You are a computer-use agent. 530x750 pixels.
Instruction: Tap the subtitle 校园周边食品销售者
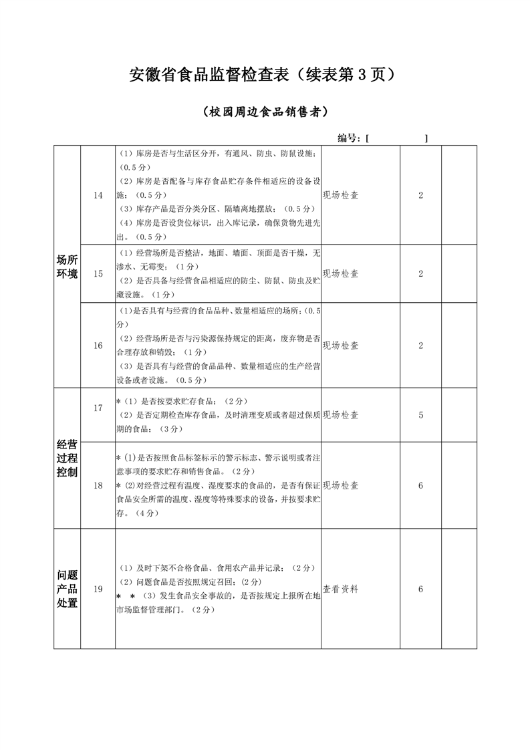pos(265,112)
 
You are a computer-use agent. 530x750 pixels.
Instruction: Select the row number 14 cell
pos(98,195)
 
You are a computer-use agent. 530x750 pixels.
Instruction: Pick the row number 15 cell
pos(98,273)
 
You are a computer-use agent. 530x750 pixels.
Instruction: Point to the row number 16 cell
pos(98,346)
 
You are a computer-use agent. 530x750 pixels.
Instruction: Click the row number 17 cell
pos(98,408)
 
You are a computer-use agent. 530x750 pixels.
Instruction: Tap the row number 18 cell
pos(98,485)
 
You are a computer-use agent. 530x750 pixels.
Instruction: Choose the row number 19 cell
pos(98,589)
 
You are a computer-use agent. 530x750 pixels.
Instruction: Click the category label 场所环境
pos(68,267)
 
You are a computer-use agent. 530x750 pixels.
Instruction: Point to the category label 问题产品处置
pos(68,589)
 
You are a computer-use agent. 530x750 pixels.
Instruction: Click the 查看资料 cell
pos(341,589)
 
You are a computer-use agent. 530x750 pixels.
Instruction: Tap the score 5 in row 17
pos(421,415)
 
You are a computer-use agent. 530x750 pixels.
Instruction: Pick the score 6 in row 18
pos(421,485)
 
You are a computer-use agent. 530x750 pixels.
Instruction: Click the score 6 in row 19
pos(421,589)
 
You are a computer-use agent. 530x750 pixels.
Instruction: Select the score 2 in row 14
pos(421,195)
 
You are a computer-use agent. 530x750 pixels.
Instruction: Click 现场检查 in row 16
pos(341,346)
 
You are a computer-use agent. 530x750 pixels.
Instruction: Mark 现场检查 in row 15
pos(341,273)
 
